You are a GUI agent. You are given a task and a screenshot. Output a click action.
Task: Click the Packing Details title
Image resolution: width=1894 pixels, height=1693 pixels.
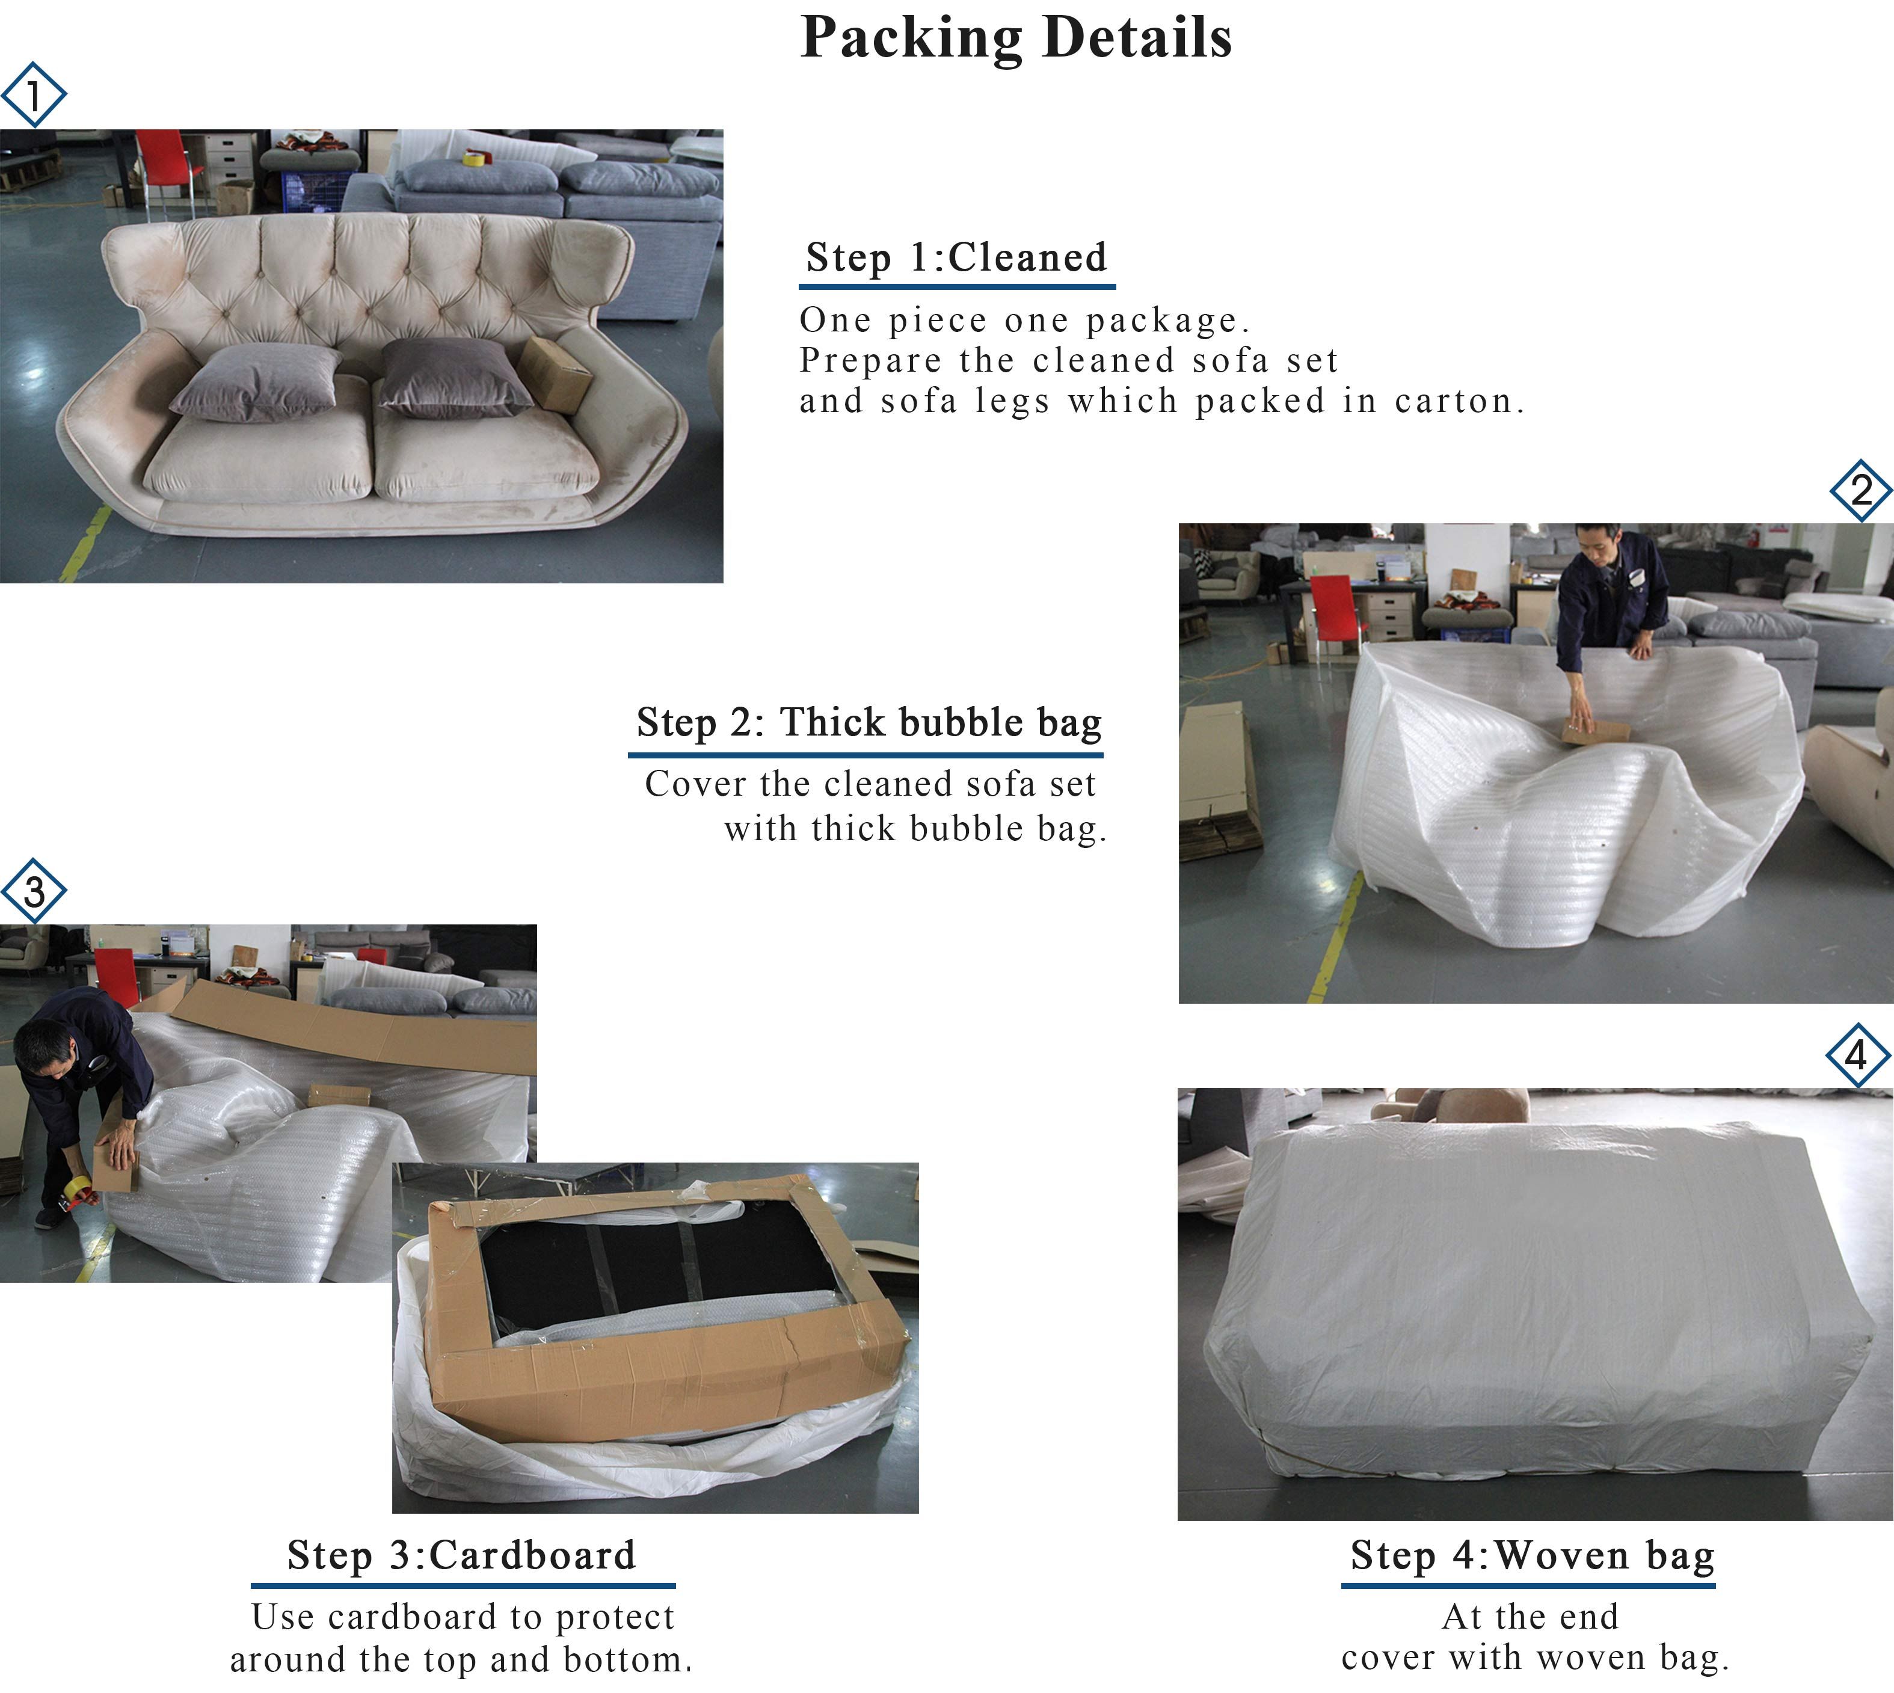coord(1016,39)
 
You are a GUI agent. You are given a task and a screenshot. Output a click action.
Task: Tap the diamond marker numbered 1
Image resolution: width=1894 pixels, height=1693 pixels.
coord(34,94)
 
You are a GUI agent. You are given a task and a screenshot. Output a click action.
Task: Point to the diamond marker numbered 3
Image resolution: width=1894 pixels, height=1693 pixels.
coord(34,891)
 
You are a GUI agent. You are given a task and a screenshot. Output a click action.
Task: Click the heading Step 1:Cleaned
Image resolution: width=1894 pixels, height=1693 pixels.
coord(956,257)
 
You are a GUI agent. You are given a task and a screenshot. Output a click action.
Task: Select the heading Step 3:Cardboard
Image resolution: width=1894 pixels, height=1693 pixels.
coord(461,1555)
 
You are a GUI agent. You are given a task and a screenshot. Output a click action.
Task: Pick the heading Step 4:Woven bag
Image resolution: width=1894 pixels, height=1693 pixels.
coord(1532,1555)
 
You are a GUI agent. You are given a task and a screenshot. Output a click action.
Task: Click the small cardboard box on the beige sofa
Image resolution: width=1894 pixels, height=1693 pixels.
coord(555,374)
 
